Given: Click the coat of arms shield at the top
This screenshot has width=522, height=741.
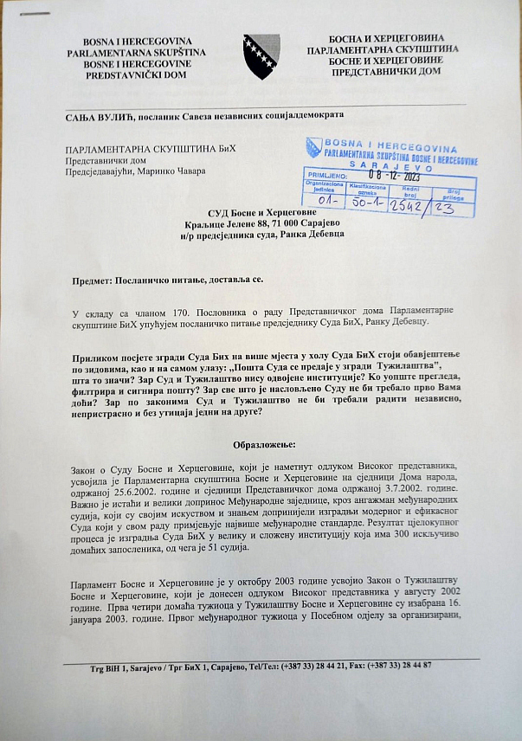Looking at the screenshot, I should pos(261,56).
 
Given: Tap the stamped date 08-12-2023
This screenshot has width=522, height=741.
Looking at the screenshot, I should pos(394,177).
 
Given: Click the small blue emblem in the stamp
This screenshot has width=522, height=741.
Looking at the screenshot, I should pos(314,148).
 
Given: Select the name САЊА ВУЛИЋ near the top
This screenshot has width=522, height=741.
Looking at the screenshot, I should pos(95,114).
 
